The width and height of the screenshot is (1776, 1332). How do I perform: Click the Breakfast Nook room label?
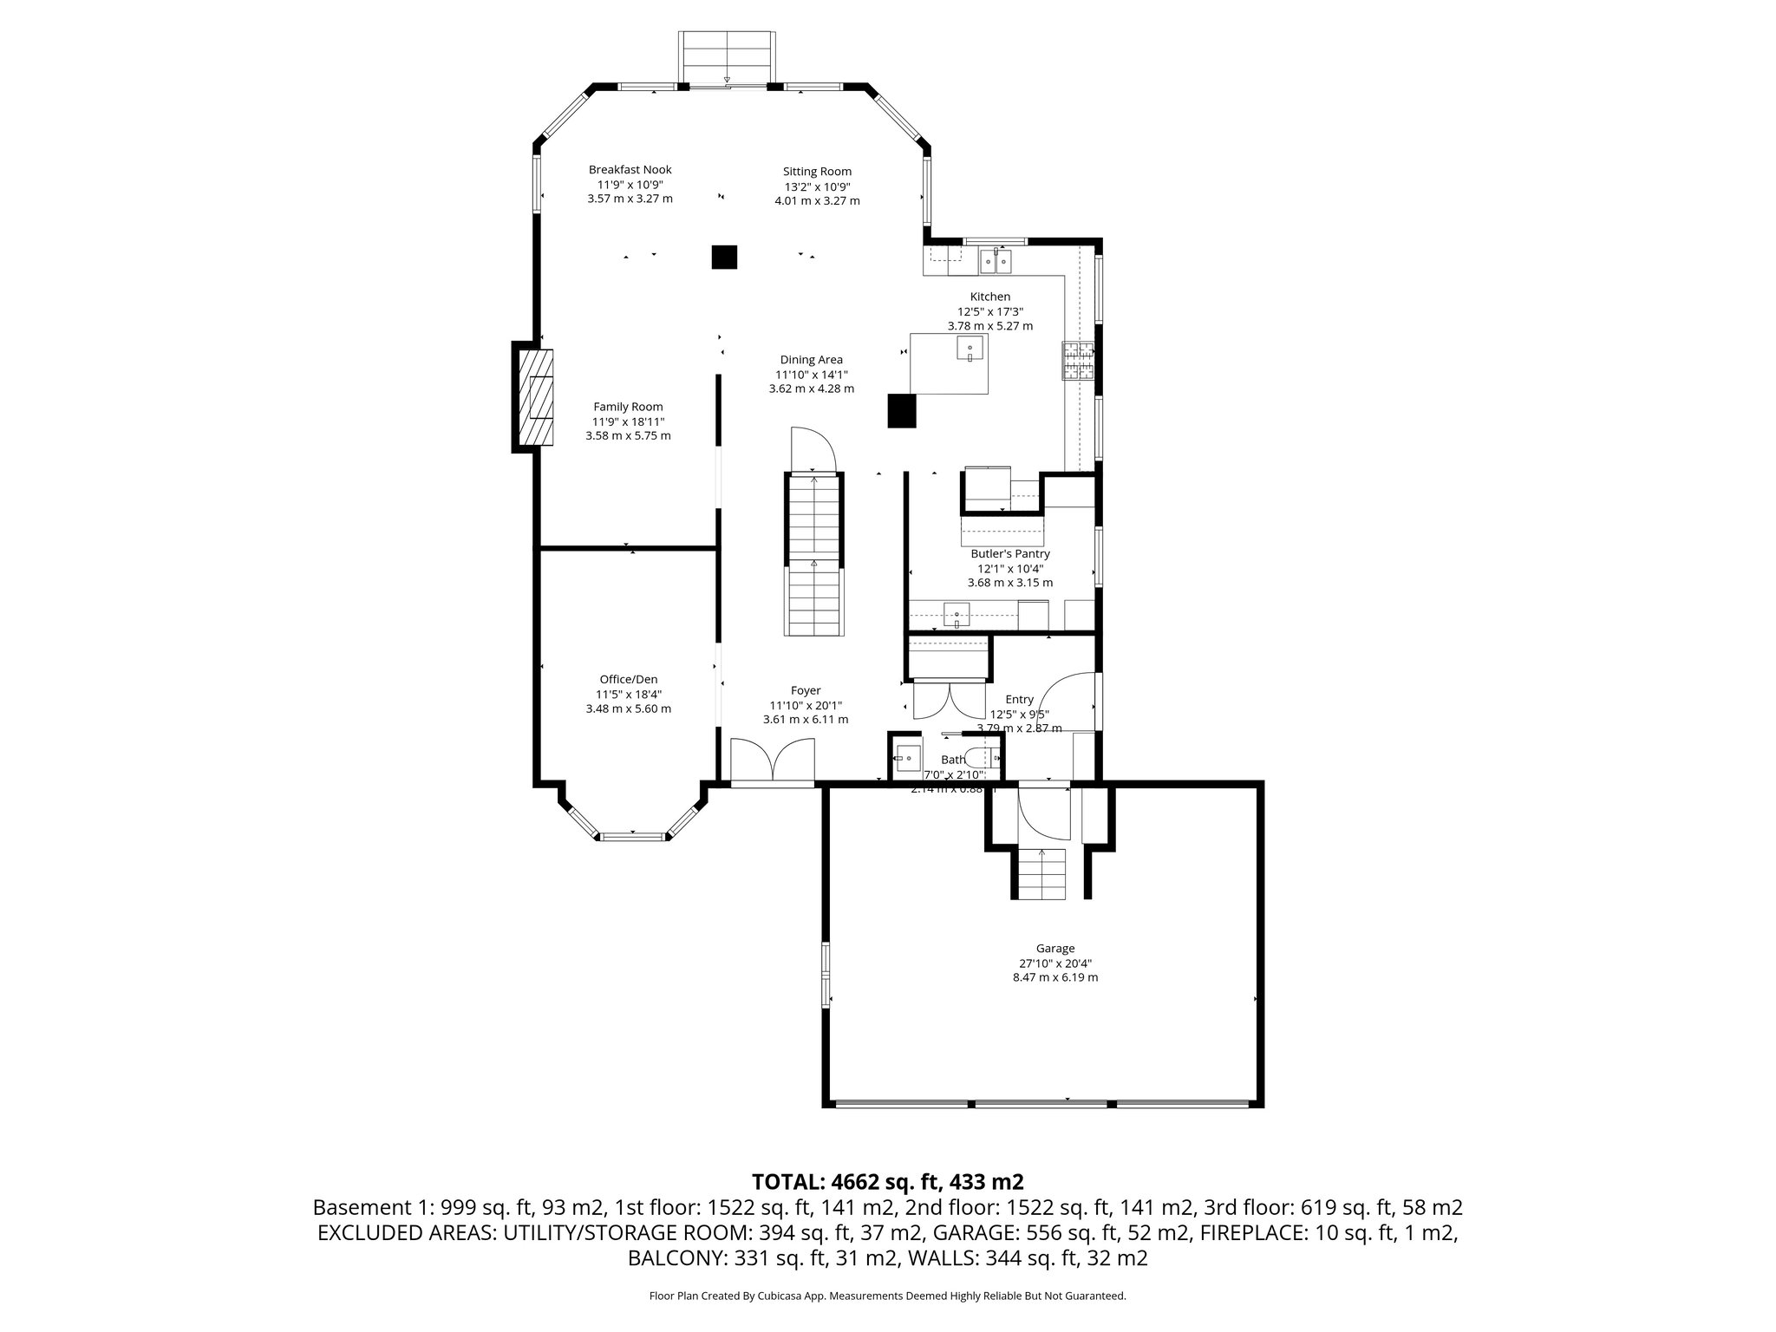630,170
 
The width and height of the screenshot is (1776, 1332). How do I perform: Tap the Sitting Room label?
817,172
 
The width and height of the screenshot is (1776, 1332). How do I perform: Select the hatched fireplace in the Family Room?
535,398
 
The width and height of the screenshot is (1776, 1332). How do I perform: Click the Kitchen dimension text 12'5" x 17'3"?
989,311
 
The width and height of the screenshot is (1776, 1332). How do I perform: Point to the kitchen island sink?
970,349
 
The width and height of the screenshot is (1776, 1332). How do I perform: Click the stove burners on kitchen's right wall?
1078,362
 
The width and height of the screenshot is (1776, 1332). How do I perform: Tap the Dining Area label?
811,360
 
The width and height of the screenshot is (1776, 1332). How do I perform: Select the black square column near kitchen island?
901,411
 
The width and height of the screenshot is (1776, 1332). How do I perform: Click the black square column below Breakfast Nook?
724,258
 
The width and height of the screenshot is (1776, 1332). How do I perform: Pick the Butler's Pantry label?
1010,553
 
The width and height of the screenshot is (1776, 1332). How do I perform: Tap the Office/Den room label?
629,679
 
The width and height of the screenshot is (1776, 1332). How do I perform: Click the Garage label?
1054,949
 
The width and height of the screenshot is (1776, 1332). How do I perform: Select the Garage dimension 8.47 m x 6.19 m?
1054,977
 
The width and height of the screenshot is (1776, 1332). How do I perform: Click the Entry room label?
1019,700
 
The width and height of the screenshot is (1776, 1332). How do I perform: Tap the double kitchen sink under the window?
996,259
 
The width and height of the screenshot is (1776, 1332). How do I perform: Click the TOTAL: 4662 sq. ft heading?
887,1182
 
